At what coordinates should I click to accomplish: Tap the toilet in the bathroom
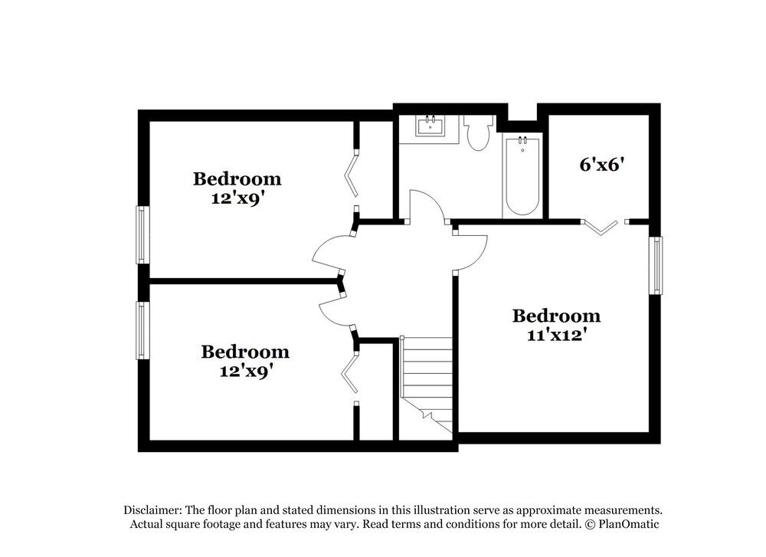[479, 133]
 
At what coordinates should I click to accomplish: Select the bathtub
[522, 176]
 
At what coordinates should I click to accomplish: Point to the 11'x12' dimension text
[555, 334]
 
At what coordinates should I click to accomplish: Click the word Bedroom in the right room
[556, 316]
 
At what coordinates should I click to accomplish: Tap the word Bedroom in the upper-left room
[237, 179]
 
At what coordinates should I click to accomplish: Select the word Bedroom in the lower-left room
[245, 352]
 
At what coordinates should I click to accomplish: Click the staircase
[427, 383]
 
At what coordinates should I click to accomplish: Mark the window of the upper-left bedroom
[142, 234]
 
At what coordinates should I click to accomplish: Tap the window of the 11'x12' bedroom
[656, 265]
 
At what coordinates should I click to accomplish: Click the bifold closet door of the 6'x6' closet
[601, 226]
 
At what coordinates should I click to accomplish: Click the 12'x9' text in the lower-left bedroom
[244, 370]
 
